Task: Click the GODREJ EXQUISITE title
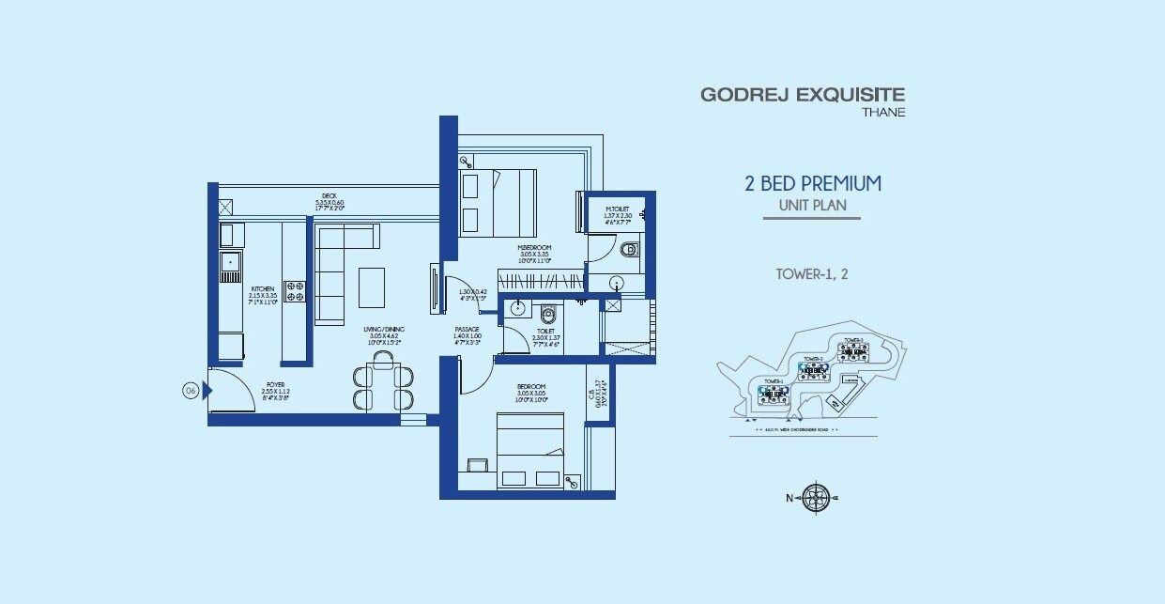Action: click(802, 94)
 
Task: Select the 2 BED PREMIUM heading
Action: click(813, 183)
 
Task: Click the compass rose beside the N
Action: click(816, 498)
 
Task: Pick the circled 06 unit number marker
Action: click(191, 392)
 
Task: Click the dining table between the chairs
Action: click(383, 386)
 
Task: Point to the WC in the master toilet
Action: click(630, 250)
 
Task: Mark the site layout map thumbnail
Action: click(812, 379)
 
